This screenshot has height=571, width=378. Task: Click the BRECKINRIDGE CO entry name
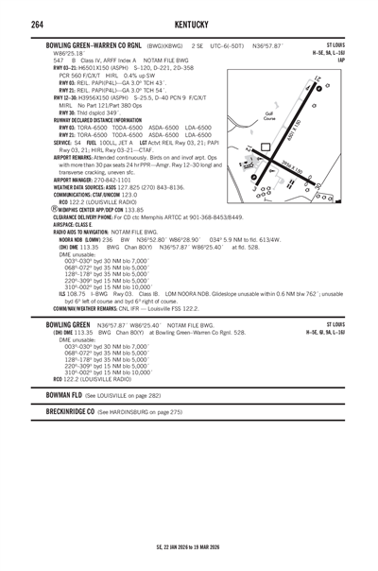(76, 413)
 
